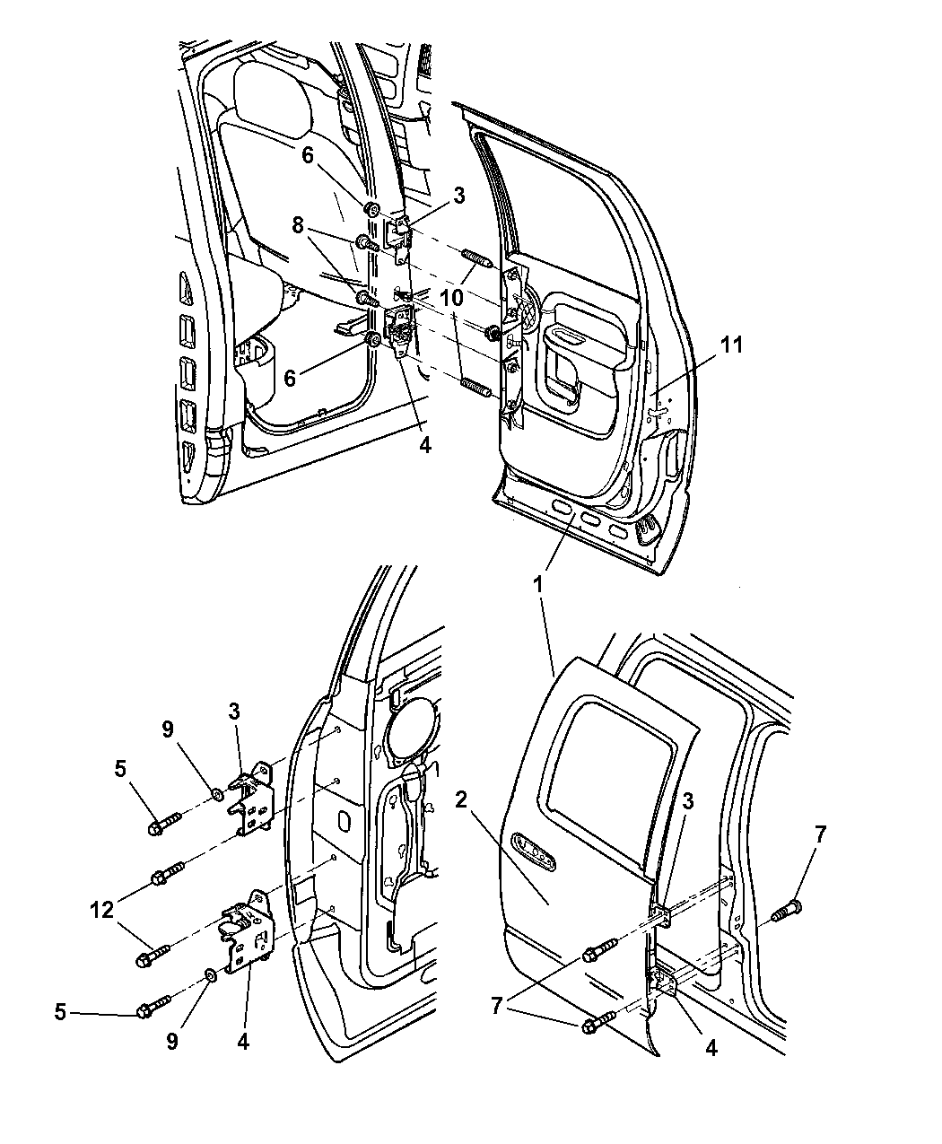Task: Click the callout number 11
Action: tap(732, 345)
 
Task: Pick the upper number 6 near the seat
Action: tap(307, 155)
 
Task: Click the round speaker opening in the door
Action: tap(411, 725)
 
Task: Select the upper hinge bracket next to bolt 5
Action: tap(253, 797)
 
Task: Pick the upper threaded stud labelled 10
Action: tap(475, 264)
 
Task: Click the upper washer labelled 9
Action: tap(218, 792)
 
